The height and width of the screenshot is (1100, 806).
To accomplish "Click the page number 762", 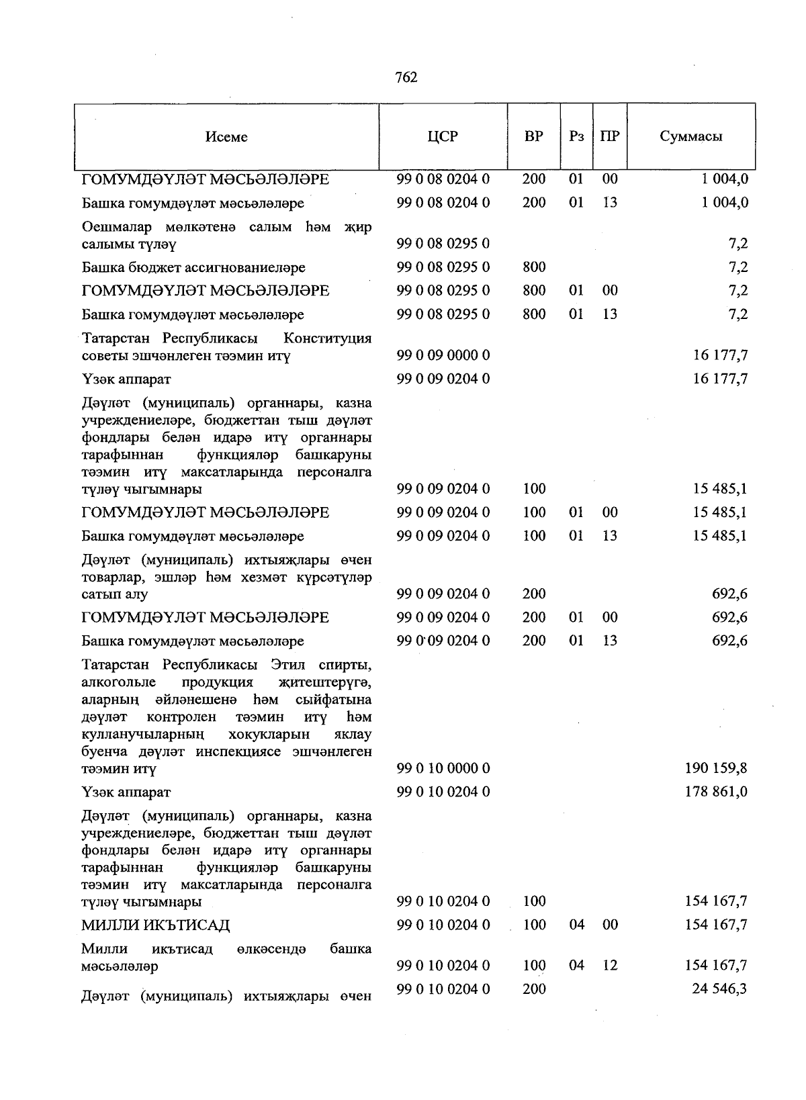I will pyautogui.click(x=406, y=78).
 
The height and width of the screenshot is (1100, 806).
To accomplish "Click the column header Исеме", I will pyautogui.click(x=226, y=137).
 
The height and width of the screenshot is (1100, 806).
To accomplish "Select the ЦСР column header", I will pyautogui.click(x=443, y=136).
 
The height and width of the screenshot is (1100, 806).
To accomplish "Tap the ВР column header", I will pyautogui.click(x=534, y=136).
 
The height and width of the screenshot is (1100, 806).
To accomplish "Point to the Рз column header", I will pyautogui.click(x=576, y=136).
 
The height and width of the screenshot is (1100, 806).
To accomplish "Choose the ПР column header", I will pyautogui.click(x=610, y=136).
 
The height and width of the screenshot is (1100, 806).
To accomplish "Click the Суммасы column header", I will pyautogui.click(x=691, y=136).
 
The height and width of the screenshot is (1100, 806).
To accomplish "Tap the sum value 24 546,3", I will pyautogui.click(x=720, y=989).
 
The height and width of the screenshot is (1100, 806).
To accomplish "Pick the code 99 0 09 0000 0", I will pyautogui.click(x=443, y=355).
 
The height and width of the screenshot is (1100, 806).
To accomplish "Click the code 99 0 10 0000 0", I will pyautogui.click(x=443, y=768).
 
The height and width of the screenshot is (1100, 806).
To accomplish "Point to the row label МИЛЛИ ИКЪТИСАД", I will pyautogui.click(x=156, y=925).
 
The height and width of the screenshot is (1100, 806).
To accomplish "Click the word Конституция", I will pyautogui.click(x=328, y=338).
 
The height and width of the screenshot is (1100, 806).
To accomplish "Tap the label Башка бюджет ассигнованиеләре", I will pyautogui.click(x=193, y=267).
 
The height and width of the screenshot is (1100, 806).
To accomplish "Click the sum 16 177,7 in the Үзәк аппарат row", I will pyautogui.click(x=720, y=379).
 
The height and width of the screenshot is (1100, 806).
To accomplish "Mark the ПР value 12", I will pyautogui.click(x=610, y=965).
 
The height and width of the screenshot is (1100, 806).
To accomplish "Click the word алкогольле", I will pyautogui.click(x=119, y=682).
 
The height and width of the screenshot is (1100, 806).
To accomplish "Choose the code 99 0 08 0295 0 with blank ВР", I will pyautogui.click(x=443, y=244).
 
